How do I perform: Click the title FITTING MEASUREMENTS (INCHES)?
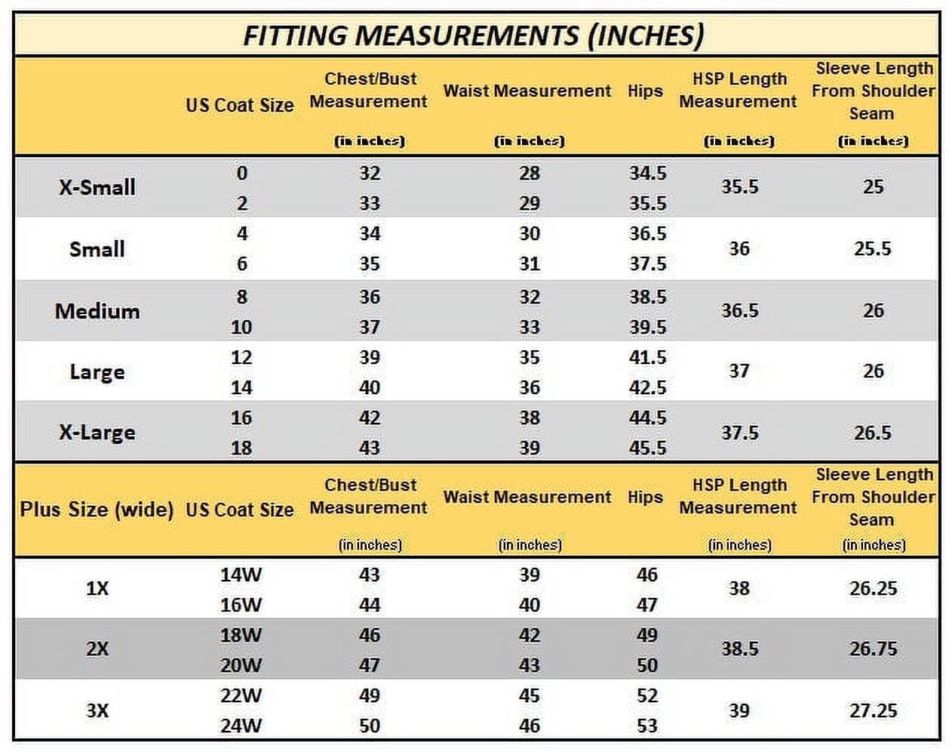tap(473, 35)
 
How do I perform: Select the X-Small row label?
tap(97, 187)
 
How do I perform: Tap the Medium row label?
tap(97, 311)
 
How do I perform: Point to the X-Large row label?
tap(97, 433)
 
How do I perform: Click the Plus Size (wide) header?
tap(97, 510)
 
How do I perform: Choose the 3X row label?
tap(97, 710)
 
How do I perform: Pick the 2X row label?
tap(97, 649)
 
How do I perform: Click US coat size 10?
tap(241, 327)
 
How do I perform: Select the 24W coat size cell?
tap(241, 726)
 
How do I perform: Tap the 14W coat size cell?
tap(241, 575)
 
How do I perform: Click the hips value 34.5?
tap(648, 173)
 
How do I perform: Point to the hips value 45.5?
tap(648, 448)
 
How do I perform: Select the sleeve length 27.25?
tap(874, 710)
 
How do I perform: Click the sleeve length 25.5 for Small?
tap(872, 249)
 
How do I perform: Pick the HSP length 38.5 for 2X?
tap(740, 649)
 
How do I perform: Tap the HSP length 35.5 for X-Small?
tap(740, 186)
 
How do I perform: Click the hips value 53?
tap(647, 726)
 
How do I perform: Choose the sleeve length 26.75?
tap(874, 649)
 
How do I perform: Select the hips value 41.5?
tap(648, 357)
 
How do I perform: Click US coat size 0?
tap(242, 173)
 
